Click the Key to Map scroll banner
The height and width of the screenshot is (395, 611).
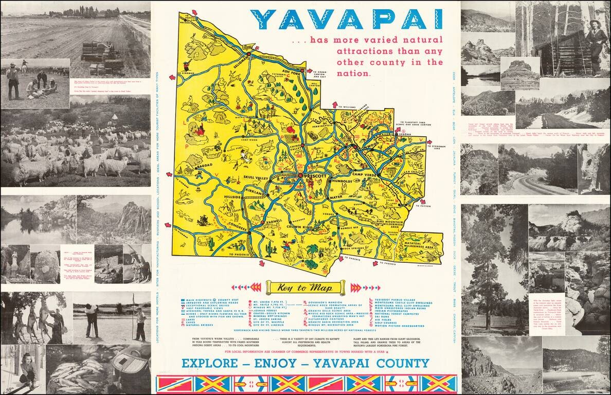pyautogui.click(x=305, y=288)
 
